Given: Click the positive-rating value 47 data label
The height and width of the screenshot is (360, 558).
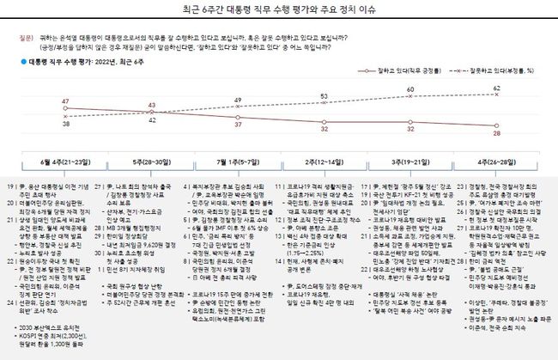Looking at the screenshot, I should (x=65, y=102).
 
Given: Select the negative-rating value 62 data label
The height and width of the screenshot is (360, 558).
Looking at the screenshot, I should (x=497, y=88).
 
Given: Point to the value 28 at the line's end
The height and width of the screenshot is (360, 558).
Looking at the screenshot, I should (x=496, y=133).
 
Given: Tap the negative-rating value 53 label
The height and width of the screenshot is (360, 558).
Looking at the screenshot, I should (x=324, y=96).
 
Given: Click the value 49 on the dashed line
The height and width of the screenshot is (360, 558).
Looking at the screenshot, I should (x=238, y=101).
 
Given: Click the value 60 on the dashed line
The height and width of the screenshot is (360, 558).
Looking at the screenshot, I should (x=410, y=89).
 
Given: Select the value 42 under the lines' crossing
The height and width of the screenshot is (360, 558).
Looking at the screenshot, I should (x=151, y=121).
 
